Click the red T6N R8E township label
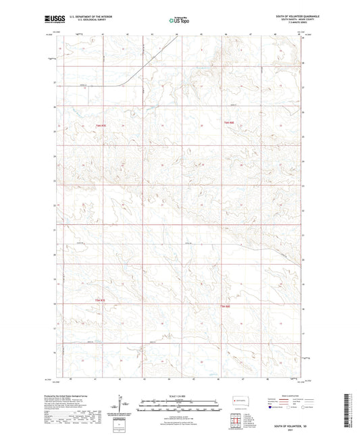(x=228, y=122)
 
